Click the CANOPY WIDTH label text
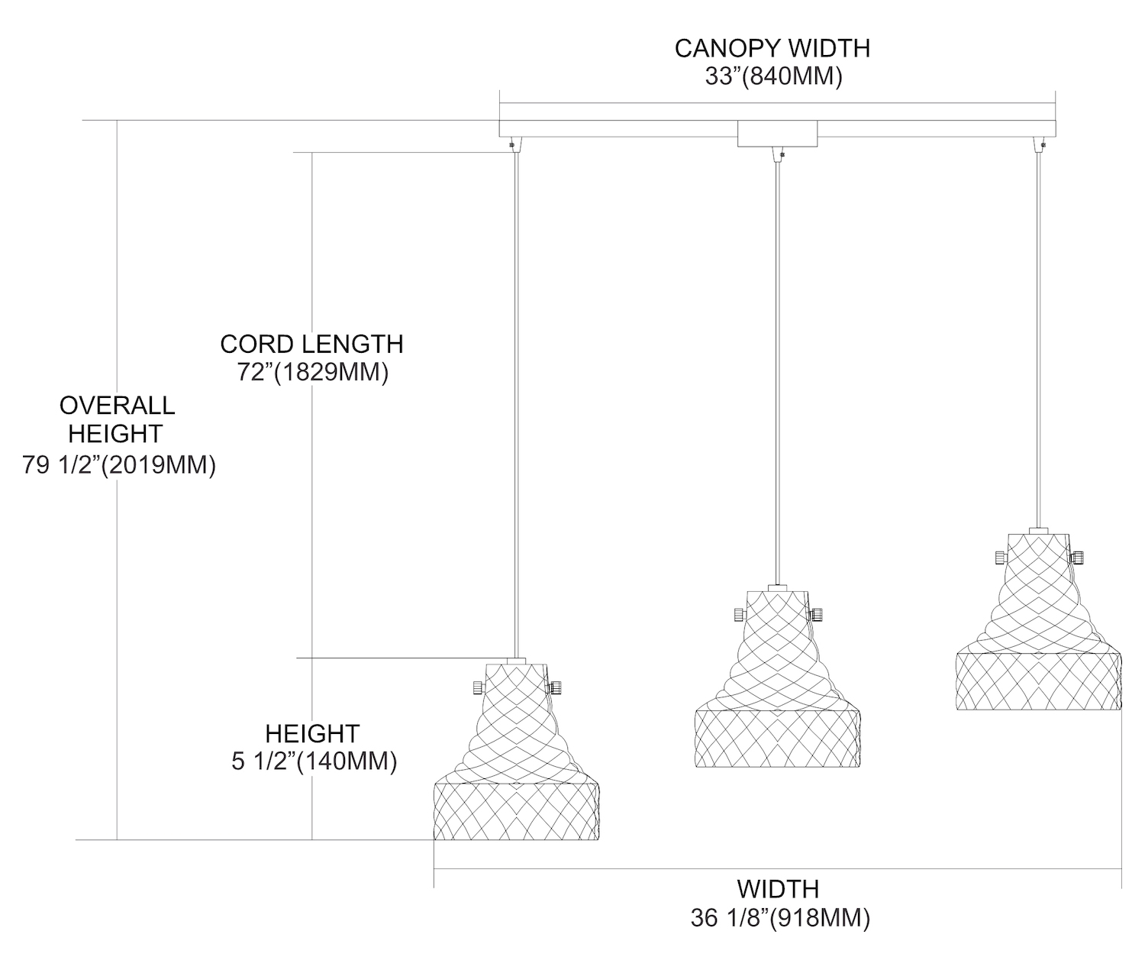click(x=772, y=49)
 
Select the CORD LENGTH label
click(x=311, y=344)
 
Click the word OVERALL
click(x=117, y=405)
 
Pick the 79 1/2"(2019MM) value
click(x=119, y=464)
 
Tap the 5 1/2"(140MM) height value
click(x=314, y=761)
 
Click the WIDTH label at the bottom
click(x=778, y=889)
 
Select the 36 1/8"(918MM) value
click(x=779, y=918)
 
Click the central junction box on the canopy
click(x=777, y=134)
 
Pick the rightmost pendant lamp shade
click(x=1038, y=626)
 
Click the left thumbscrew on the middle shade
click(x=738, y=614)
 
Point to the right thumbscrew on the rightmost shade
click(x=1078, y=558)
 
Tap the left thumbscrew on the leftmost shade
click(x=478, y=687)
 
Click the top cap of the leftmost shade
click(x=517, y=660)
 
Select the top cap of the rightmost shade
click(x=1038, y=529)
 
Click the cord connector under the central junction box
click(x=778, y=155)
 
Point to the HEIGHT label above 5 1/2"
click(x=312, y=733)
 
